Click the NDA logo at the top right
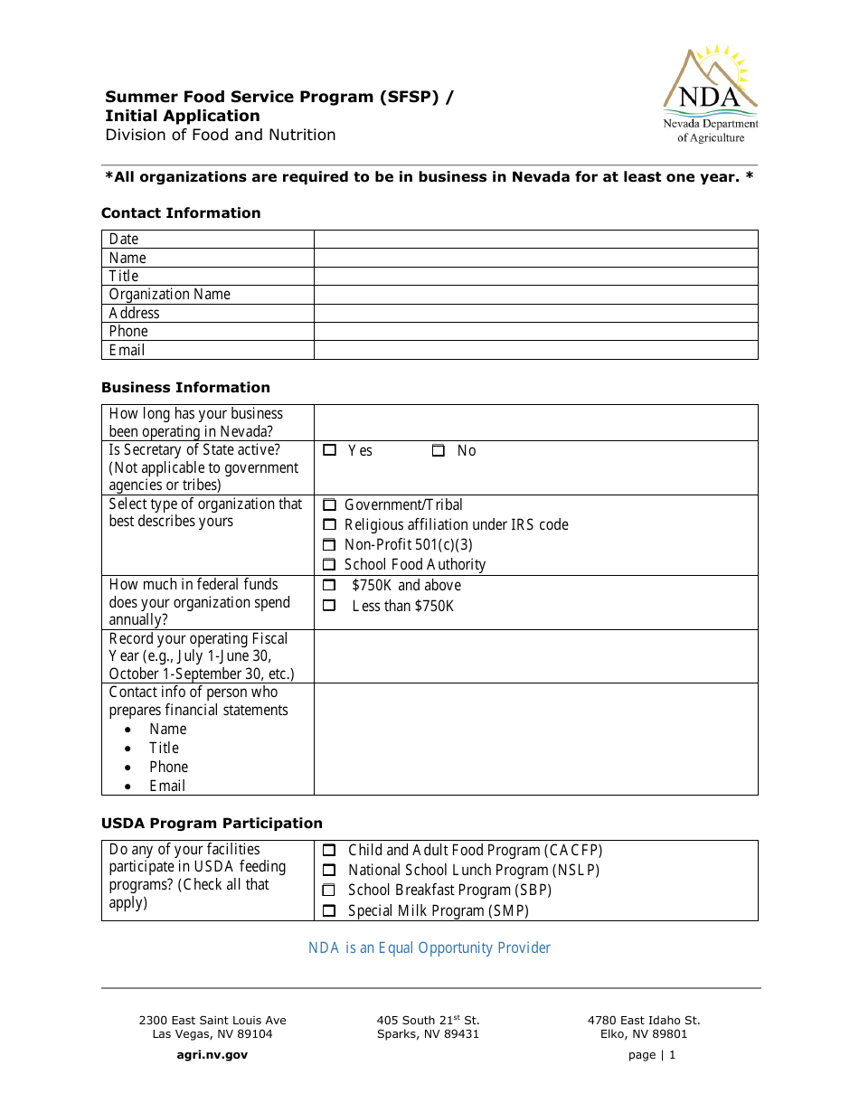[x=710, y=93]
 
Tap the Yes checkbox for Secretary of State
[x=330, y=450]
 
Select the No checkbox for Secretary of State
[x=439, y=450]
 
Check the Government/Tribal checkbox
[x=330, y=505]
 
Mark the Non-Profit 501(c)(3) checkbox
[x=330, y=545]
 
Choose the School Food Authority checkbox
[x=330, y=565]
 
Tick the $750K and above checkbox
[x=330, y=586]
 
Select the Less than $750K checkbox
[x=330, y=606]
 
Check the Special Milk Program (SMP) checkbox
[x=330, y=911]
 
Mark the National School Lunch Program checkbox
[x=330, y=871]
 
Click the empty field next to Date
[x=535, y=239]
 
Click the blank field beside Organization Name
[x=535, y=295]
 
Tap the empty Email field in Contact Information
[x=535, y=350]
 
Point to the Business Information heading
[x=185, y=388]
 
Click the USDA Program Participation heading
[x=212, y=824]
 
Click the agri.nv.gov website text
[x=212, y=1054]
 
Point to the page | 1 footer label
[x=651, y=1054]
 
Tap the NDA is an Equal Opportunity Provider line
[x=429, y=947]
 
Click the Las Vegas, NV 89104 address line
[x=212, y=1034]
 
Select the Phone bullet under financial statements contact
[x=169, y=767]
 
